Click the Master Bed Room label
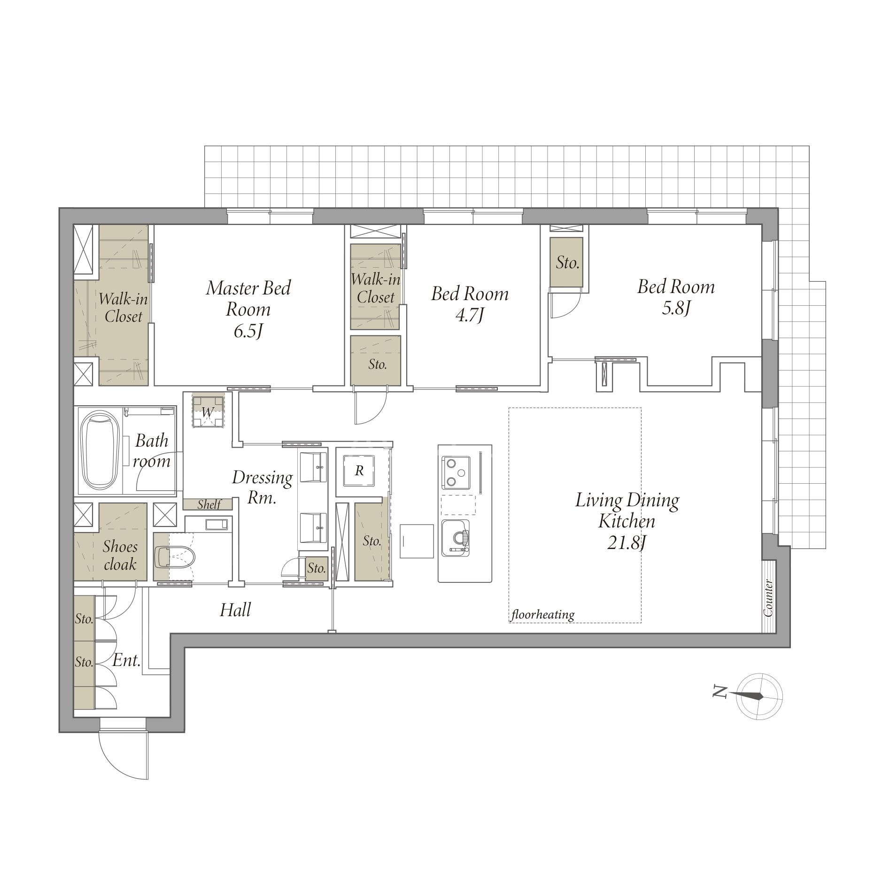pos(248,309)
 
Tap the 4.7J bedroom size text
pos(469,315)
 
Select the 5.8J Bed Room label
pos(675,297)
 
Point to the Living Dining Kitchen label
pos(627,520)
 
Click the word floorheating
pos(543,614)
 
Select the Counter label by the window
pos(768,598)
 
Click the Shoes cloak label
pos(120,555)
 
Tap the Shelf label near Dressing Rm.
pos(209,504)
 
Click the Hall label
pos(235,610)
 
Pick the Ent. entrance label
pos(127,661)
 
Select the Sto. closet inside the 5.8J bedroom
pos(567,262)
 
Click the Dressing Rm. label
pos(262,487)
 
